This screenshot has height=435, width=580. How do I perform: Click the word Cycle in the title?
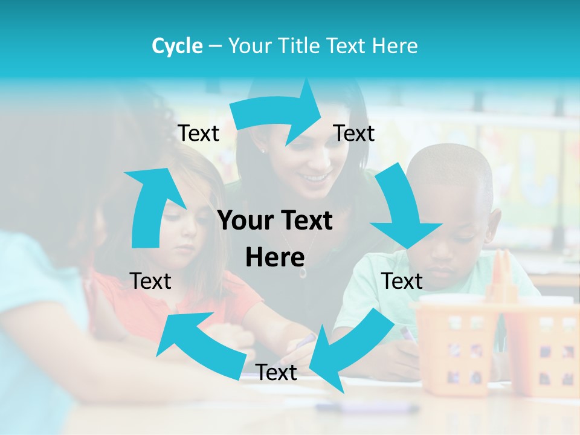pos(177,46)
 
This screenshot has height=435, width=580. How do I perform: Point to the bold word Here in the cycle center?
pos(275,258)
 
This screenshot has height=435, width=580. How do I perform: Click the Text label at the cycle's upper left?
pos(198,134)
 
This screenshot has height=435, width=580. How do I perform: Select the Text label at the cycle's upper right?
pos(354,134)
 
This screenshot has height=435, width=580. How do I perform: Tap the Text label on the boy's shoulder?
pos(402,281)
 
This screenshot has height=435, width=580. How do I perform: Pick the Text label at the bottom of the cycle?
pos(276,373)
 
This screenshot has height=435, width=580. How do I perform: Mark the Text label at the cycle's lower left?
pos(150,281)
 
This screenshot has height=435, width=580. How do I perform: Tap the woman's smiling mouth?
pos(315,178)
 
